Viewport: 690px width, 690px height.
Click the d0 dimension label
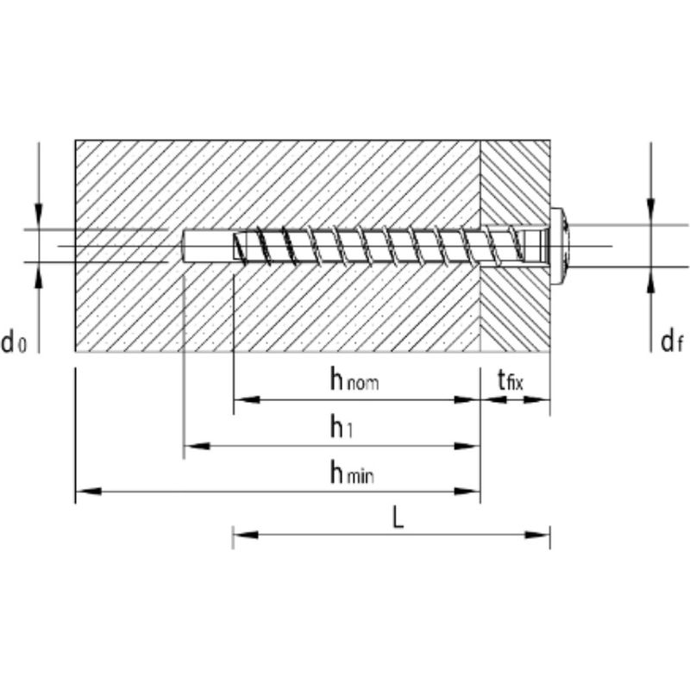tap(14, 342)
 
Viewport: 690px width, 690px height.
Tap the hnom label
tap(354, 379)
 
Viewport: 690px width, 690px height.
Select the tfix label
tap(511, 380)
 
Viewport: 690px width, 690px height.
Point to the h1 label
tap(342, 426)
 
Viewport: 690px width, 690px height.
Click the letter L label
tap(398, 519)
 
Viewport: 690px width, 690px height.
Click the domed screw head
tap(560, 246)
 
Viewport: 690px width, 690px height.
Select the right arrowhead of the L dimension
tap(537, 535)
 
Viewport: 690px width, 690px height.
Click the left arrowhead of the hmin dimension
tap(89, 491)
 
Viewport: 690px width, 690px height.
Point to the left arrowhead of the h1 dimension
tap(197, 446)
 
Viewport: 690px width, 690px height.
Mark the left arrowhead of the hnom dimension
tap(247, 399)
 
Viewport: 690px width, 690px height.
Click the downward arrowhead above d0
tap(39, 216)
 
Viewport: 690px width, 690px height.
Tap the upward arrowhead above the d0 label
tap(39, 276)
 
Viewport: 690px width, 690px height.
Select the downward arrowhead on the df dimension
tap(651, 212)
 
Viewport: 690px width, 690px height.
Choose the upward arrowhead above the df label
tap(651, 279)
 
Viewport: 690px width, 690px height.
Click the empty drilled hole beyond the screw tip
tap(207, 246)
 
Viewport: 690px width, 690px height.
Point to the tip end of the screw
tap(234, 246)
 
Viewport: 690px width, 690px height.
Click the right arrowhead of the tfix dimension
tap(536, 399)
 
